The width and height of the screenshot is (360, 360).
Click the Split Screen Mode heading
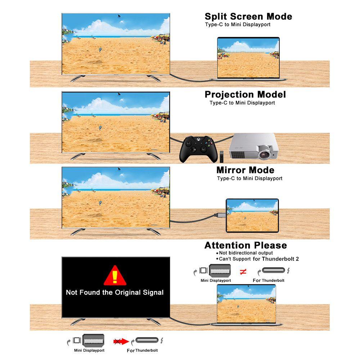point(248,17)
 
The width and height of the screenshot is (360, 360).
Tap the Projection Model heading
point(245,95)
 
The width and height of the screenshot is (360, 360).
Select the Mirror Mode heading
point(245,170)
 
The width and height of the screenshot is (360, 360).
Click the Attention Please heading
point(246,246)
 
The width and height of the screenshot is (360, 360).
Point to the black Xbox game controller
point(198,149)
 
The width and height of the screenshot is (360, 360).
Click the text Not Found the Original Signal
point(114,292)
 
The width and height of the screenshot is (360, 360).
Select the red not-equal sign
point(243,272)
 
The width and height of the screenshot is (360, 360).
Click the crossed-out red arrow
point(121,341)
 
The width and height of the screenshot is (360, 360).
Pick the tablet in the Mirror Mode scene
point(252,216)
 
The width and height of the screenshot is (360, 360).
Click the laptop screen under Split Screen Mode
point(248,58)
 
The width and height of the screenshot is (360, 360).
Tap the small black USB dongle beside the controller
point(221,156)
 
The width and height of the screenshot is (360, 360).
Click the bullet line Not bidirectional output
point(244,253)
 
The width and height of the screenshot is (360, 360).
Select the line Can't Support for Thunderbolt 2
point(257,259)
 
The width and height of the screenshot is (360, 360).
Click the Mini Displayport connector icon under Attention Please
point(220,270)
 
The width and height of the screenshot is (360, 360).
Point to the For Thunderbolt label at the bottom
point(142,350)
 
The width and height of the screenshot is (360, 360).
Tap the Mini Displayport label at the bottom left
point(89,350)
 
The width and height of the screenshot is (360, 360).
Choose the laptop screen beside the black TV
point(246,304)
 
